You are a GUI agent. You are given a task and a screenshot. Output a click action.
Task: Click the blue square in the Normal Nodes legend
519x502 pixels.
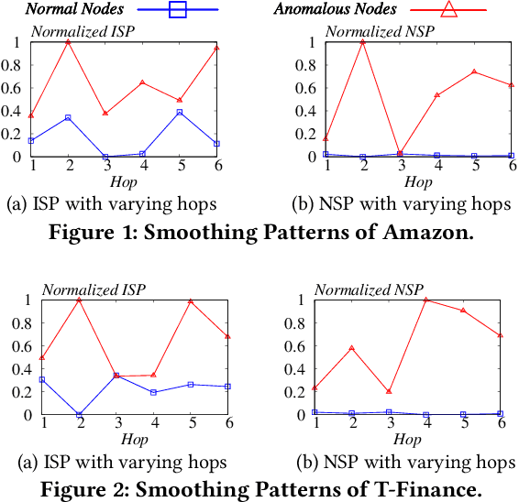coord(178,10)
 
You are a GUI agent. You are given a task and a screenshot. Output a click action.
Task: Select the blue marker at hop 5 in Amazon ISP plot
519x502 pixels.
coord(179,112)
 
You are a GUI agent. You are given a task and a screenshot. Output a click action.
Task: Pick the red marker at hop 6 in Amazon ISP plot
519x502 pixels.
coord(216,48)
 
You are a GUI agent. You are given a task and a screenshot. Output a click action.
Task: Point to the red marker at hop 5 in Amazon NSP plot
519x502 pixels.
coord(473,71)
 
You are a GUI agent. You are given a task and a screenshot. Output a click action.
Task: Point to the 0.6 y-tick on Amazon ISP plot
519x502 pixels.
coord(15,87)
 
